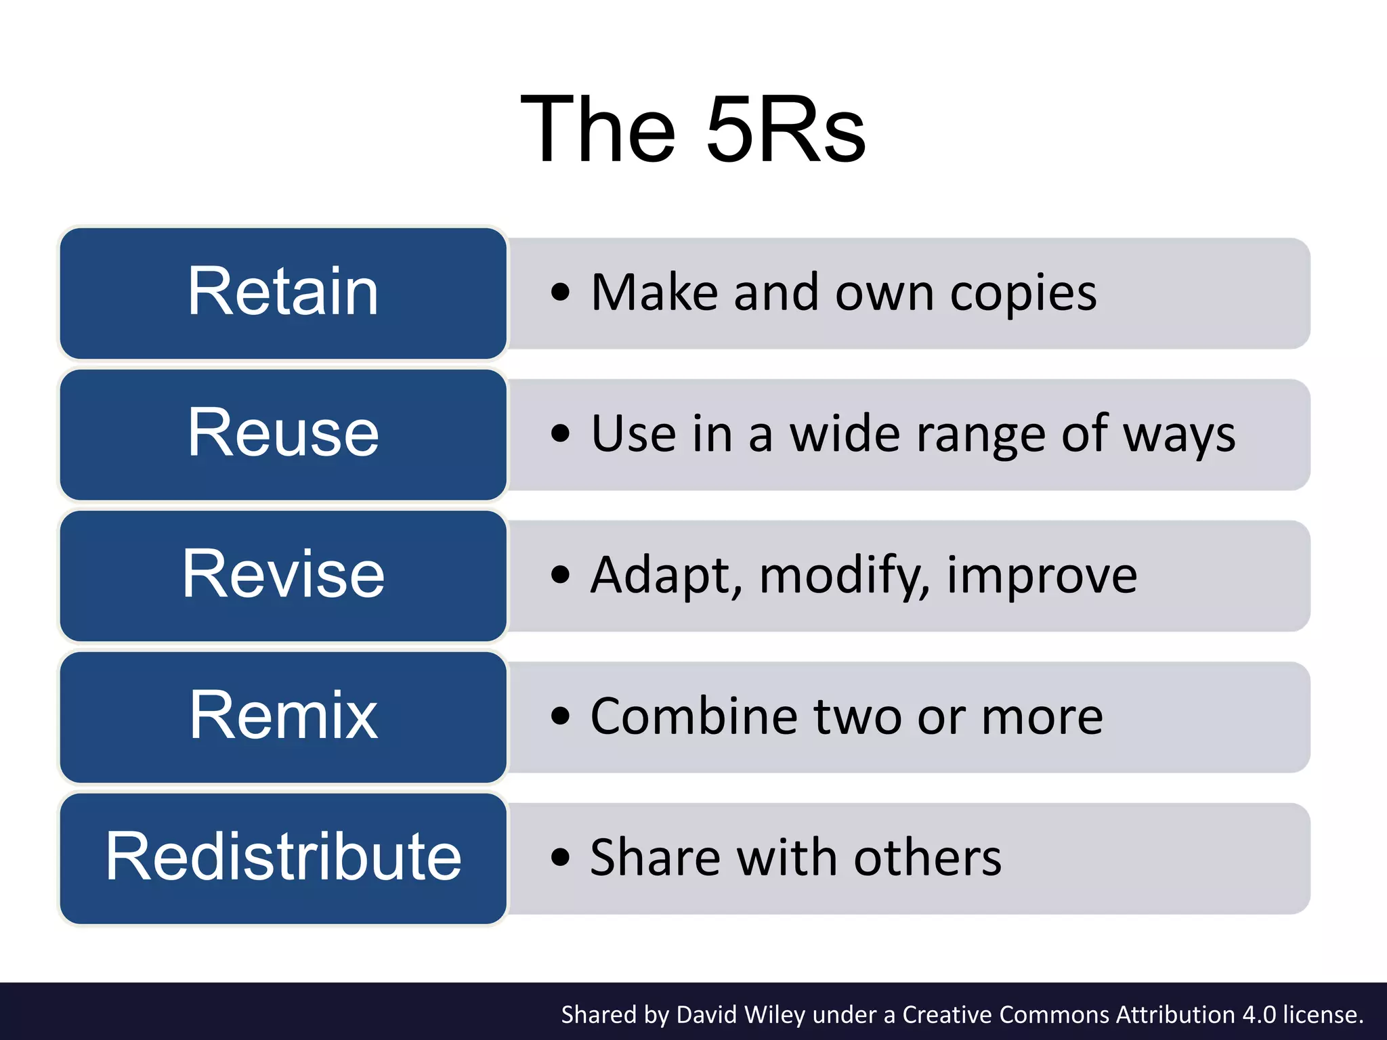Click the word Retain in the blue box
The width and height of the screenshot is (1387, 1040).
[x=283, y=292]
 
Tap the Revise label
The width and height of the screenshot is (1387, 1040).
[x=283, y=574]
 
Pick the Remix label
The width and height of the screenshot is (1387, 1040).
[x=283, y=715]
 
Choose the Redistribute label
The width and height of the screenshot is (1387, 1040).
[x=283, y=857]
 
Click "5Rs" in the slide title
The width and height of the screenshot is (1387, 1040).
[x=786, y=129]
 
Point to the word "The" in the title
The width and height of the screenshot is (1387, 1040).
[x=599, y=129]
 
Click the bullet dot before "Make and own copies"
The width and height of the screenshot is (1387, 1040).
[x=560, y=292]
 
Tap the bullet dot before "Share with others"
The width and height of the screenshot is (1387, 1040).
[x=560, y=857]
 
